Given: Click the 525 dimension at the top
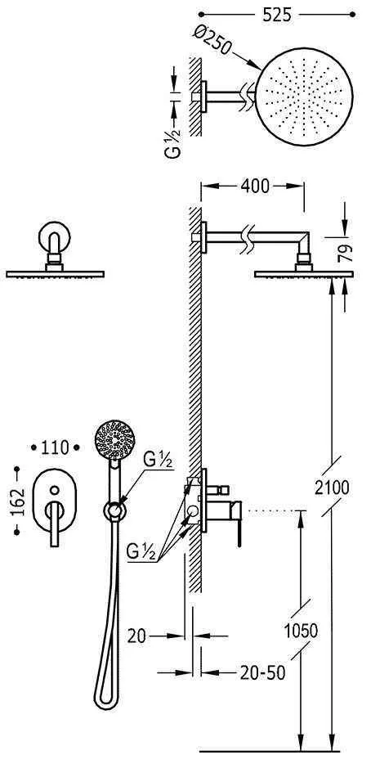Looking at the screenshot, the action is click(x=276, y=15).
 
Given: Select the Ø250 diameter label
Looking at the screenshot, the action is click(x=212, y=39).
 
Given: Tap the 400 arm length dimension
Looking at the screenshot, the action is click(x=255, y=186).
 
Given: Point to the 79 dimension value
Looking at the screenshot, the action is click(x=345, y=254).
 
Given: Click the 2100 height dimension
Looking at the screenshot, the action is click(x=332, y=488).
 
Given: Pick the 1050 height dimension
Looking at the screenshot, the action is click(x=301, y=631).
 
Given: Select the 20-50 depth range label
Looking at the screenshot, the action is click(x=262, y=673).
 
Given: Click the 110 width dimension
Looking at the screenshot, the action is click(x=55, y=447).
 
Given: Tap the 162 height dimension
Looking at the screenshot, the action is click(x=17, y=501).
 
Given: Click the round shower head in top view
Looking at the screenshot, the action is click(x=304, y=97).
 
